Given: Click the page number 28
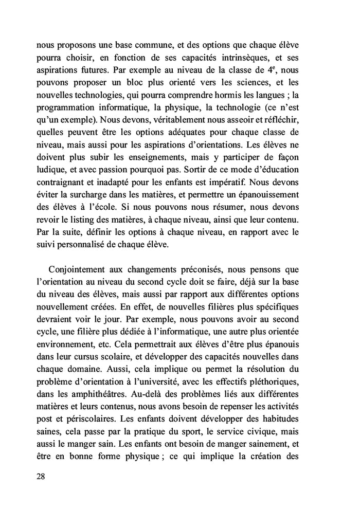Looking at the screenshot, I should pos(42,476).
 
